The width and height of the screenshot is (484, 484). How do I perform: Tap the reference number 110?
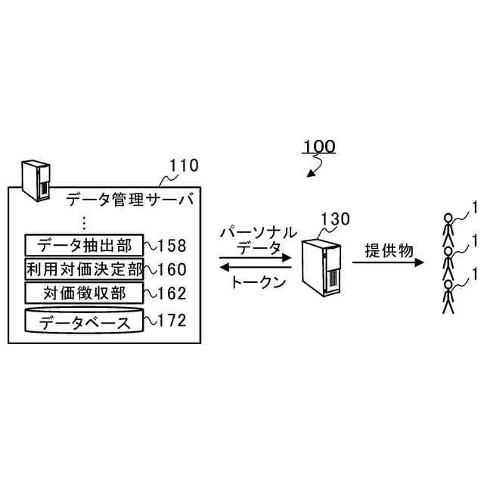click(185, 166)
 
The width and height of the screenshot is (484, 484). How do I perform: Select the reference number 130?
click(336, 219)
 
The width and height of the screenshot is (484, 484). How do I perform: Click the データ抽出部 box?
click(83, 246)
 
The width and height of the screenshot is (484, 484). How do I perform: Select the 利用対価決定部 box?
click(83, 269)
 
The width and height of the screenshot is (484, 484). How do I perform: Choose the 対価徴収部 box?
click(83, 292)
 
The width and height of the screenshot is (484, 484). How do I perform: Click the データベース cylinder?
click(83, 321)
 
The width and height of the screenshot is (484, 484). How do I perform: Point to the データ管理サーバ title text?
click(130, 200)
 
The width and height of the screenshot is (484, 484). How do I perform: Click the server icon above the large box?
click(35, 178)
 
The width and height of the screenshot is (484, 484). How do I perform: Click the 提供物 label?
click(389, 250)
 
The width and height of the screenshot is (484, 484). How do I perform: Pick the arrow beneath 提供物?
click(387, 263)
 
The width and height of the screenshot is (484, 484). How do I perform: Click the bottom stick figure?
click(448, 296)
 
